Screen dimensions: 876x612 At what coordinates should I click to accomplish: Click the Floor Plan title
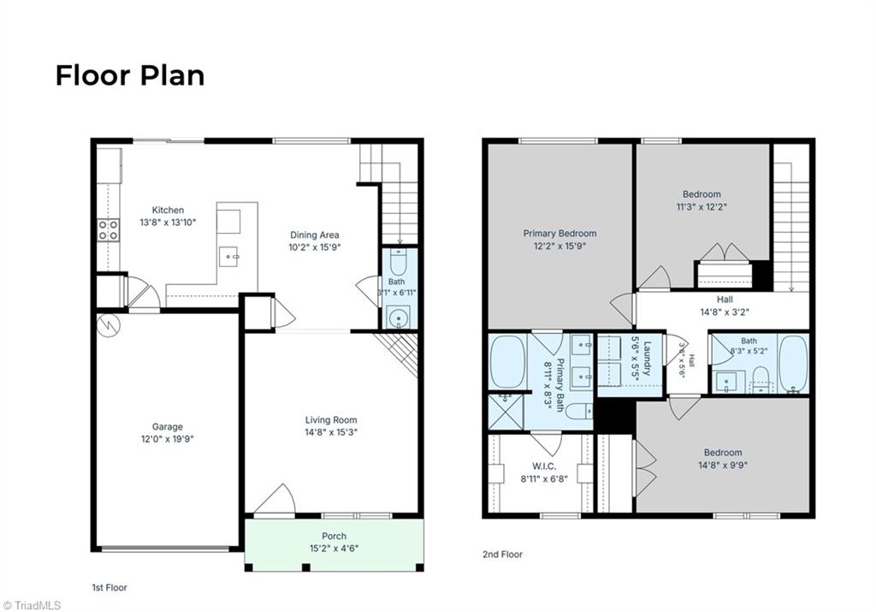pyautogui.click(x=130, y=75)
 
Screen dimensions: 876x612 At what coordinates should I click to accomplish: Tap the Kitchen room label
pyautogui.click(x=168, y=211)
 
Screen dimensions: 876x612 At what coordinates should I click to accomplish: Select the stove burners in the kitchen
pyautogui.click(x=109, y=229)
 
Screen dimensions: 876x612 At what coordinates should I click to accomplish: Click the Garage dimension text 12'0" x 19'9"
pyautogui.click(x=167, y=439)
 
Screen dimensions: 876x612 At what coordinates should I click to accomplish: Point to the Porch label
pyautogui.click(x=334, y=536)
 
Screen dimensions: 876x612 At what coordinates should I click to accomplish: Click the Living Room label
pyautogui.click(x=331, y=419)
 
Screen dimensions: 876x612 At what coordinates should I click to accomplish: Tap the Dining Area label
pyautogui.click(x=314, y=235)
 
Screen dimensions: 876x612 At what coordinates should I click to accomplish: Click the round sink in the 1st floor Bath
pyautogui.click(x=399, y=318)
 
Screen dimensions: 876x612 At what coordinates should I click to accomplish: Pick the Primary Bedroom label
pyautogui.click(x=559, y=233)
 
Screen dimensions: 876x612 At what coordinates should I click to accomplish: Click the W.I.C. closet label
pyautogui.click(x=543, y=466)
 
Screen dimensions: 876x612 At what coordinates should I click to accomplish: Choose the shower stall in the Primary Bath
pyautogui.click(x=506, y=412)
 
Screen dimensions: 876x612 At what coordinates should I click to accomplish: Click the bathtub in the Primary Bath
pyautogui.click(x=507, y=361)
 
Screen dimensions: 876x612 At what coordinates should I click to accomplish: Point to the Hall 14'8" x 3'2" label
pyautogui.click(x=725, y=306)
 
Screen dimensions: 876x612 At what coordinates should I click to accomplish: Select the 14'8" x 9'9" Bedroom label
pyautogui.click(x=723, y=459)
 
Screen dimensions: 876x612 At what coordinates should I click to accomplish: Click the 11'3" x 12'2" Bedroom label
pyautogui.click(x=701, y=200)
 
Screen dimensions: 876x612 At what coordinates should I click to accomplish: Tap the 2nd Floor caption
pyautogui.click(x=502, y=555)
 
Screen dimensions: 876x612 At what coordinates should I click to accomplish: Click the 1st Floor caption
pyautogui.click(x=109, y=587)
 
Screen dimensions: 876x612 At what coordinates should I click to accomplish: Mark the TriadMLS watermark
pyautogui.click(x=32, y=605)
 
